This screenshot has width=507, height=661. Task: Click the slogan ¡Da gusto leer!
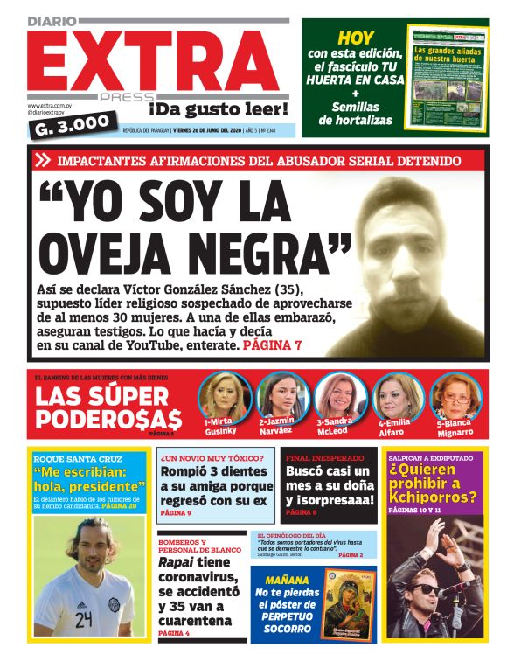(218, 109)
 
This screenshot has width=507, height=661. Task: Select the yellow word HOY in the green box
(356, 38)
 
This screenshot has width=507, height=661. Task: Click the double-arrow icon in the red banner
(43, 160)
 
